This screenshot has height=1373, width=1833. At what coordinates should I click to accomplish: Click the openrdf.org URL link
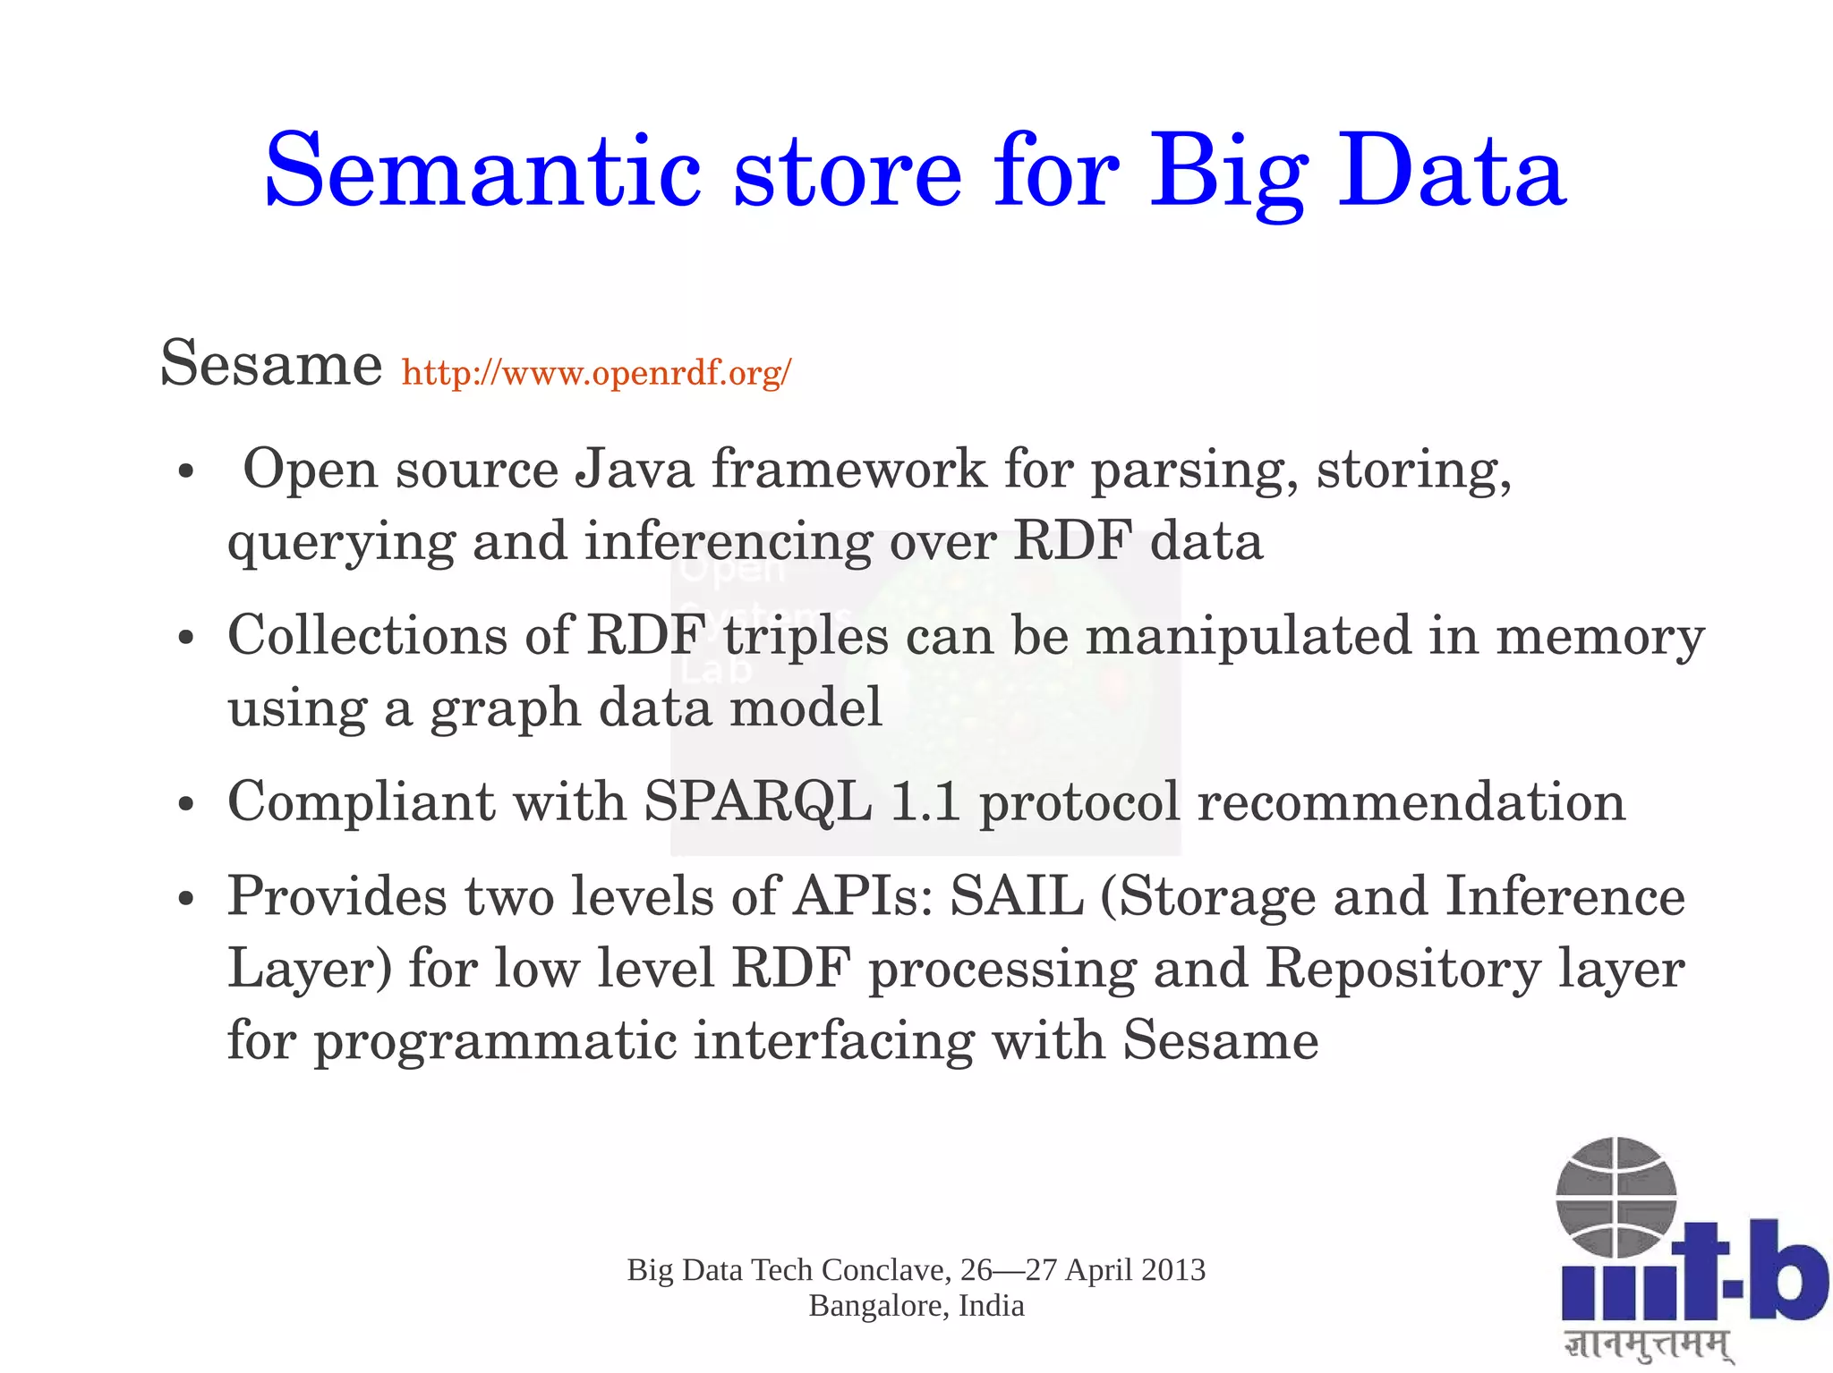click(596, 372)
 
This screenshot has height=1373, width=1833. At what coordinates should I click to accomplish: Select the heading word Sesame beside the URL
click(271, 364)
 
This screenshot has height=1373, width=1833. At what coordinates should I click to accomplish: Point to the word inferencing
click(727, 542)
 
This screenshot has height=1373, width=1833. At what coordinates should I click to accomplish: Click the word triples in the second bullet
click(806, 636)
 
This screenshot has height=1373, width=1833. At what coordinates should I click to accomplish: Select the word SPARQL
click(757, 801)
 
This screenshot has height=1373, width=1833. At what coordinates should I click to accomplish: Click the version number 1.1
click(925, 801)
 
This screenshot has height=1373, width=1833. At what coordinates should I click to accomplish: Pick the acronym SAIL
click(1015, 896)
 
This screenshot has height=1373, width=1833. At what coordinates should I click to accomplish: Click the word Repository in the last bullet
click(1402, 969)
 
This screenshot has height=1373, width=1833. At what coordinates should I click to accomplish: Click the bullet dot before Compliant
click(186, 803)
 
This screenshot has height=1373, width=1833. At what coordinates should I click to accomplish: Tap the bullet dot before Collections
click(186, 639)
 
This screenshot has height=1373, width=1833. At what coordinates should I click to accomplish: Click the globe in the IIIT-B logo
click(1616, 1197)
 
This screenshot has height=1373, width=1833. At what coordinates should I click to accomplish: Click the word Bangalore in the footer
click(878, 1306)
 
